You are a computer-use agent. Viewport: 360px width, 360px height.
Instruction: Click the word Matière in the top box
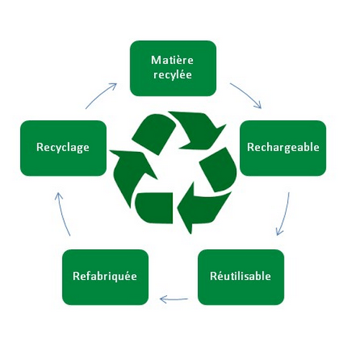(172, 60)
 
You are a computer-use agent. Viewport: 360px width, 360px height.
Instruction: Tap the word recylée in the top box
(173, 75)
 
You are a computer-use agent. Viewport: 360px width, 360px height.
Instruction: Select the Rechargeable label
(283, 147)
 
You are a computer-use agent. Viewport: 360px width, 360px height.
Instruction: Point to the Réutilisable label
(240, 276)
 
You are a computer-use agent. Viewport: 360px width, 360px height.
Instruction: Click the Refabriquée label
(105, 276)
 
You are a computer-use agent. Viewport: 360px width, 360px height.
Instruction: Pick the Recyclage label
(63, 148)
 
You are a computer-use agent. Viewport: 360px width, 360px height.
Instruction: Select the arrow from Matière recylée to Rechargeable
(247, 94)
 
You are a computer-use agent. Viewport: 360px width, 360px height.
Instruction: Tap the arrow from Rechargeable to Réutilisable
(284, 215)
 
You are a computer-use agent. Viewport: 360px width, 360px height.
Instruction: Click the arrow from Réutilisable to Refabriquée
(174, 300)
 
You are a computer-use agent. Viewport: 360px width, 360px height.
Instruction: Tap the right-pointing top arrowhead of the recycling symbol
(199, 130)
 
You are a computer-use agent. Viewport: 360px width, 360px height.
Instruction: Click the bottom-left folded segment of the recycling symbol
(154, 207)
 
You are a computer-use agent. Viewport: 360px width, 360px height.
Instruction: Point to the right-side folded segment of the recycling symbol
(217, 170)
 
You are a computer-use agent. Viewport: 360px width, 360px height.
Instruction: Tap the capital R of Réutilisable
(213, 276)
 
